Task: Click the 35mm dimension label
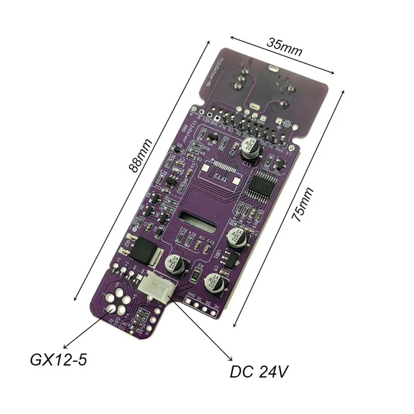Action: (x=285, y=48)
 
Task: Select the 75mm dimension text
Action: (x=302, y=205)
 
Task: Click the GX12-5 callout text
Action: (x=58, y=360)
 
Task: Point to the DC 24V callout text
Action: (x=258, y=372)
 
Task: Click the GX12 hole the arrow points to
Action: (x=111, y=308)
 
